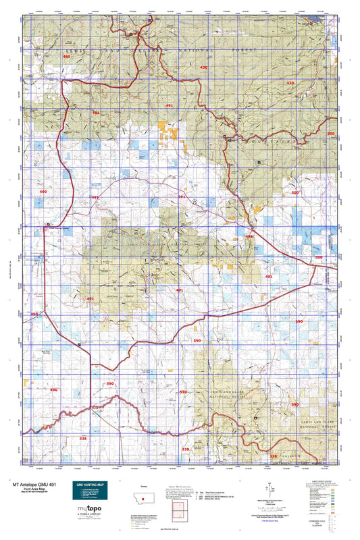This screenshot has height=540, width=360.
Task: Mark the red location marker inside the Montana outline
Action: (143, 499)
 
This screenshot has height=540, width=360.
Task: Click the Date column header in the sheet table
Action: (204, 492)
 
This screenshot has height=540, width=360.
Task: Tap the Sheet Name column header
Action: (217, 492)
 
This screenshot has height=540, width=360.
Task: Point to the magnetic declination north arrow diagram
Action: (272, 488)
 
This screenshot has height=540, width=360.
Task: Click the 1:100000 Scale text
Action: (272, 502)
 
